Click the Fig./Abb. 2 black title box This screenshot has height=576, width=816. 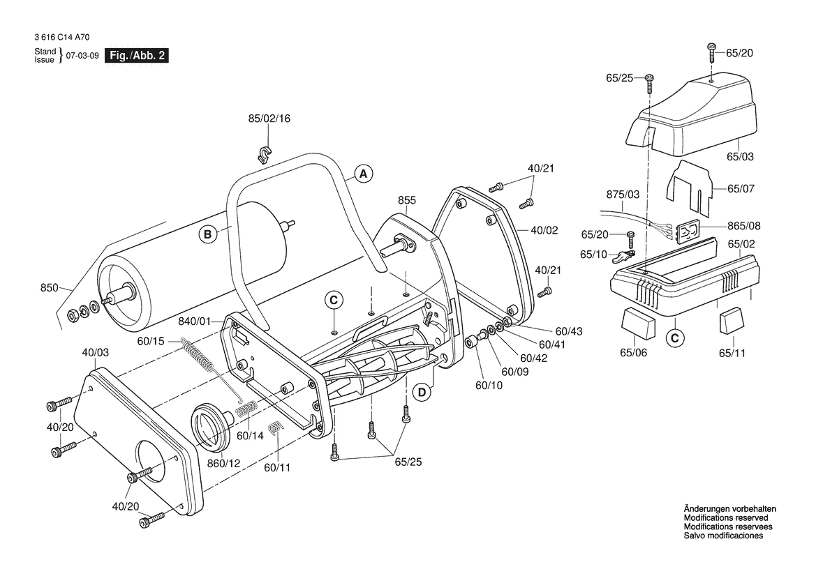click(137, 56)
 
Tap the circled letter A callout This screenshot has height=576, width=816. click(363, 174)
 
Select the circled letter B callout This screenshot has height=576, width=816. click(207, 234)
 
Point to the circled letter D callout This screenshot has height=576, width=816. click(422, 392)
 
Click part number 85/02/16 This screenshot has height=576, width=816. click(269, 119)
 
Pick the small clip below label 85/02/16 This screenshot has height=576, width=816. click(265, 155)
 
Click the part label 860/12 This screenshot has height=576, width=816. click(224, 463)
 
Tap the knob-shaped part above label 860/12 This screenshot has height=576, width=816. click(212, 426)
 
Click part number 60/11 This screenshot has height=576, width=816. click(277, 467)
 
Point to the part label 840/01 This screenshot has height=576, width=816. click(195, 321)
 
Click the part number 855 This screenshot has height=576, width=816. click(407, 200)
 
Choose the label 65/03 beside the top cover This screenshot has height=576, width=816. click(740, 156)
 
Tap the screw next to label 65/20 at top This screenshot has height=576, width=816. click(711, 52)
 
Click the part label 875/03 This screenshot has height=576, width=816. click(623, 195)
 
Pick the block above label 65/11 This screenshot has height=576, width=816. click(732, 321)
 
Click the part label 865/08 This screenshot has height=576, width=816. click(743, 226)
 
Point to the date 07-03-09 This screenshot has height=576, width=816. click(82, 56)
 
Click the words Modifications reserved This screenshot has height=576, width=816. click(726, 518)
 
